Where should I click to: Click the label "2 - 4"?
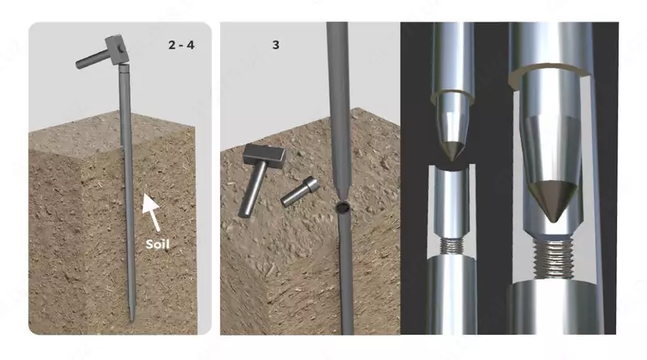(181, 44)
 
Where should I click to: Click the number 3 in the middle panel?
(276, 44)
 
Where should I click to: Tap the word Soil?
(158, 244)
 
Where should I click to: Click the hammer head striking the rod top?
(116, 50)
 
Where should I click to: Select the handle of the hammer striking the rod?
(92, 59)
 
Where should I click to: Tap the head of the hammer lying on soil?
(264, 156)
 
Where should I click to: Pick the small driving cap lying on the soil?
(300, 191)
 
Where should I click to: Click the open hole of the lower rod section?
(342, 207)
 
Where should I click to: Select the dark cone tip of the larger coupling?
(553, 200)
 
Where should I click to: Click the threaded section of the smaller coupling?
(451, 246)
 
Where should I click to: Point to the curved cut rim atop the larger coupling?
(551, 70)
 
